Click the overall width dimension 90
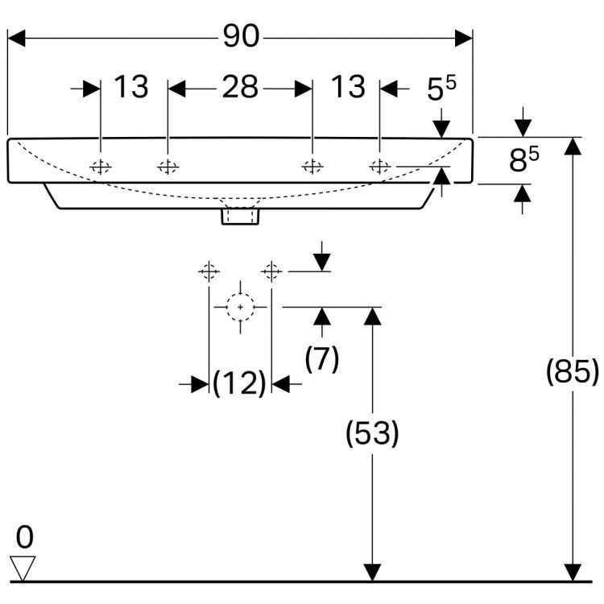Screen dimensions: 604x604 pos(239,37)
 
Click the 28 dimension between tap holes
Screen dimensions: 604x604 pos(239,87)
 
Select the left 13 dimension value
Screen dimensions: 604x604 pos(130,87)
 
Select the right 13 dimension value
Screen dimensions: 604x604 pos(348,87)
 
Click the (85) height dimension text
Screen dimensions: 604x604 pos(572,372)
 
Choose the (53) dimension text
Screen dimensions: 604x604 pos(372,434)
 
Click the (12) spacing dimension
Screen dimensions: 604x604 pos(239,384)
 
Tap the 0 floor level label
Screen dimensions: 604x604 pos(25,536)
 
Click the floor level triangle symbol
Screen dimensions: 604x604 pos(26,567)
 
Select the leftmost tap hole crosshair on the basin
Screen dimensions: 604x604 pos(101,167)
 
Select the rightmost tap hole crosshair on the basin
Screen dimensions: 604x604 pos(379,167)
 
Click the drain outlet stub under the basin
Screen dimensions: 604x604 pos(240,216)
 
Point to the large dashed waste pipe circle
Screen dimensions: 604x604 pos(240,308)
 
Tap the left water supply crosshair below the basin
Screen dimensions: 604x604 pos(209,271)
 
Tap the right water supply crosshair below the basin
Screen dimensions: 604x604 pos(272,271)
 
